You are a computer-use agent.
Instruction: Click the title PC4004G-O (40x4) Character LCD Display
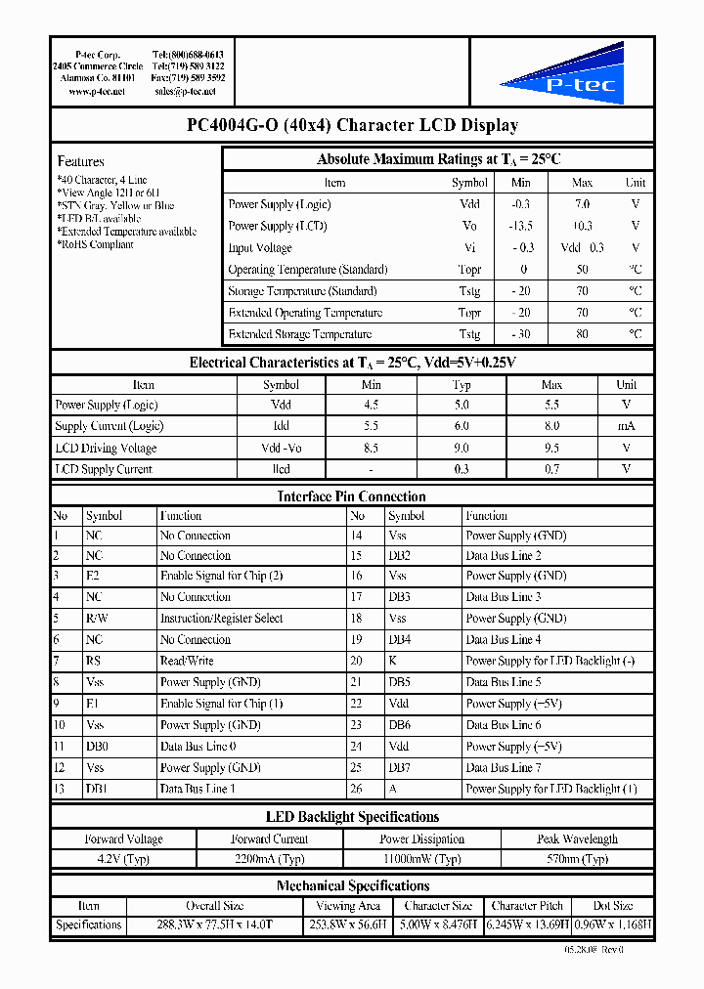coord(352,125)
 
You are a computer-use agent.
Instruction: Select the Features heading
coord(80,161)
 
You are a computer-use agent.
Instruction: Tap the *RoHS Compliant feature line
coord(96,244)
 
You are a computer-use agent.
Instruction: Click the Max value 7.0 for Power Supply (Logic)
coord(582,204)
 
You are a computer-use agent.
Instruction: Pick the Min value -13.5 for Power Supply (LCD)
coord(521,226)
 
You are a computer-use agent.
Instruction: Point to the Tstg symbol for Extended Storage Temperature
coord(469,334)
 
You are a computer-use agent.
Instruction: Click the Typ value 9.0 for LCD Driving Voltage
coord(462,448)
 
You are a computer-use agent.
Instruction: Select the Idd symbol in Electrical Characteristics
coord(281,426)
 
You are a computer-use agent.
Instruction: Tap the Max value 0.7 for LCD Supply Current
coord(551,469)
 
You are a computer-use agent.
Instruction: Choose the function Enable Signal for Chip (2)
coord(221,576)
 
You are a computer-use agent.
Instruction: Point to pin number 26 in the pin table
coord(357,789)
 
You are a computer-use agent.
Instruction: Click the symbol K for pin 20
coord(392,661)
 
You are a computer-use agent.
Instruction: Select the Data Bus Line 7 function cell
coord(503,767)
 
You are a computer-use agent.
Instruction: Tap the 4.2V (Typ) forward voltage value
coord(122,859)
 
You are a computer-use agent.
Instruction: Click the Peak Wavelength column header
coord(577,838)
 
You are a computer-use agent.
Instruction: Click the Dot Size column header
coord(613,906)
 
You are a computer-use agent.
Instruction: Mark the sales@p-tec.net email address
coord(185,91)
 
